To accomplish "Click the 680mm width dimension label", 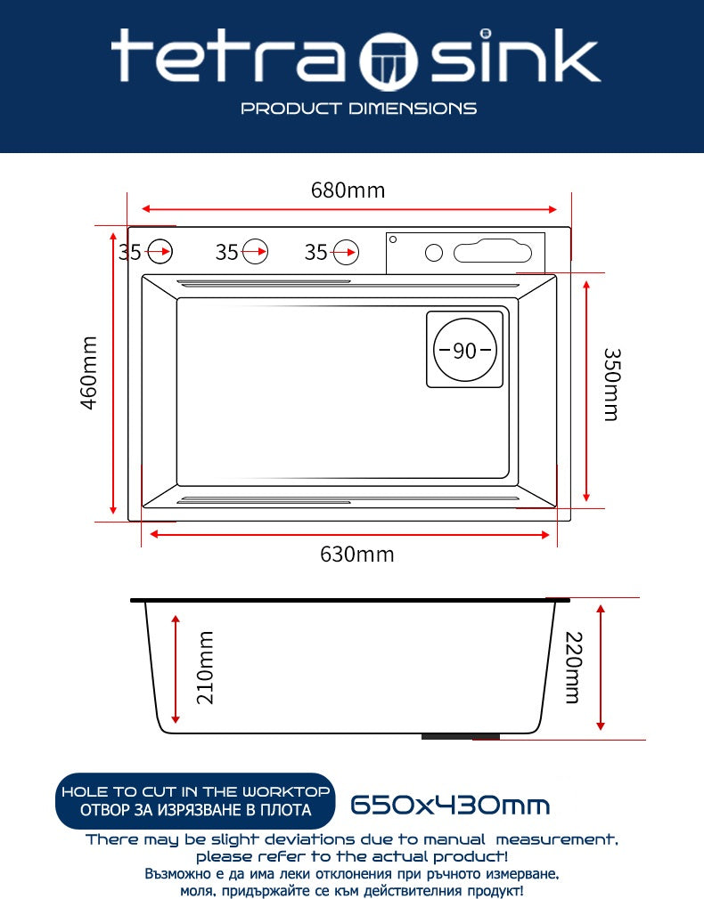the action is [x=348, y=190].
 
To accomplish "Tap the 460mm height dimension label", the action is [x=89, y=373].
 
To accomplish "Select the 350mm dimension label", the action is [x=611, y=385].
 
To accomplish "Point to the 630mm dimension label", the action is [x=357, y=554].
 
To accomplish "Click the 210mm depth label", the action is [x=205, y=668].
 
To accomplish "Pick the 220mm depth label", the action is [x=574, y=668].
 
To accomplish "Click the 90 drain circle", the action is [x=464, y=350].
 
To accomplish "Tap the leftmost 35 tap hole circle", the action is [x=159, y=251].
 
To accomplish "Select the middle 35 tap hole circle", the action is [x=255, y=251].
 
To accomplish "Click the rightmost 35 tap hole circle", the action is [x=346, y=252].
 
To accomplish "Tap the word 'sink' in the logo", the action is [x=515, y=55].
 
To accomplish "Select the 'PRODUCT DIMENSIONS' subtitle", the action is [x=359, y=109].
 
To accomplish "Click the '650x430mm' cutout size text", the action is [x=450, y=805].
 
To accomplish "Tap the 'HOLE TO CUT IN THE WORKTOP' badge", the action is [x=195, y=801].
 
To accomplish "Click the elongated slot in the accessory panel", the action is [x=493, y=252].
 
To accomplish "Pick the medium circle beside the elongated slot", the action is [x=434, y=252].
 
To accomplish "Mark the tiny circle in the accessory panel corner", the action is [x=393, y=239].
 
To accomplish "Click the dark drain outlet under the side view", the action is [x=461, y=736].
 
